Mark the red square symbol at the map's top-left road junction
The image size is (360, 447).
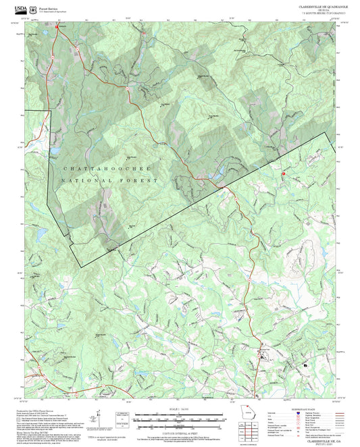(x=57, y=27)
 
